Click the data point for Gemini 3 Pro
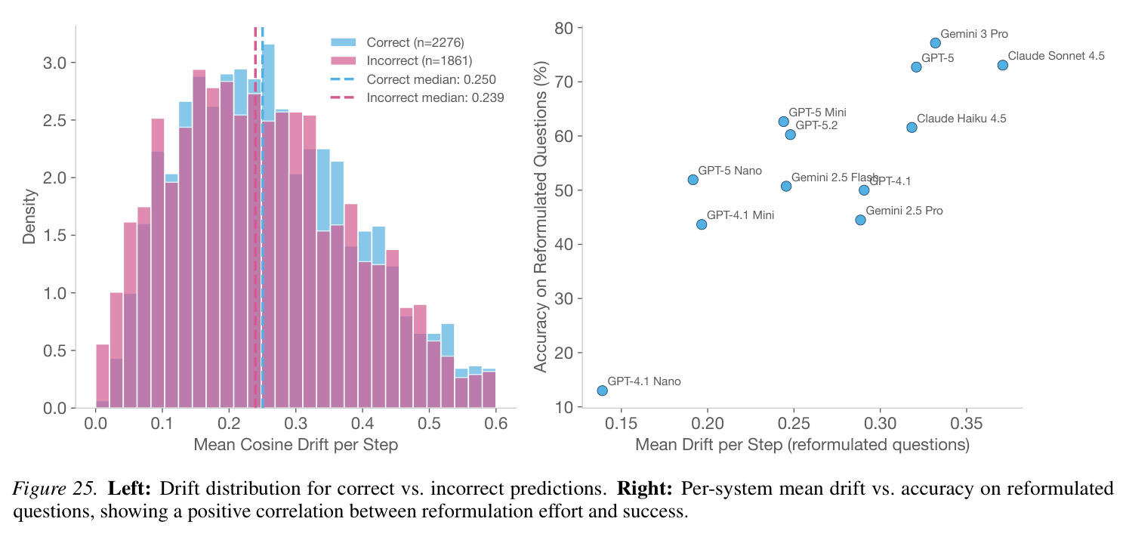coord(935,43)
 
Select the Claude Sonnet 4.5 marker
coord(1002,66)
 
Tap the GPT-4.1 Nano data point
coord(602,390)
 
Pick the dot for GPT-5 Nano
coord(693,180)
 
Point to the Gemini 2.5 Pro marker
coord(861,221)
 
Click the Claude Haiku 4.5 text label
coord(961,119)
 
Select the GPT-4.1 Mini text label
coord(740,215)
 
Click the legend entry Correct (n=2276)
coord(397,43)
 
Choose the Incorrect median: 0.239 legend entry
coord(417,97)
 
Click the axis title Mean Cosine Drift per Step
coord(295,445)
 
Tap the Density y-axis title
coord(29,217)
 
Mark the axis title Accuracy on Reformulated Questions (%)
coord(541,217)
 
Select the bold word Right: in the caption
coord(644,489)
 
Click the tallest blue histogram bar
coord(268,227)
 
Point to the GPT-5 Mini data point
coord(783,122)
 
